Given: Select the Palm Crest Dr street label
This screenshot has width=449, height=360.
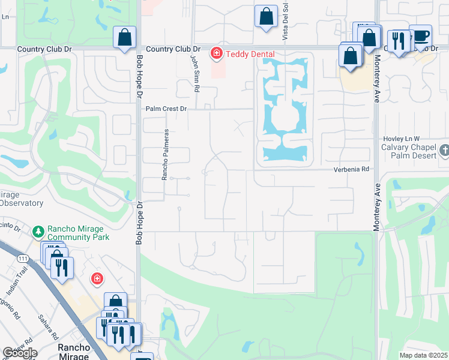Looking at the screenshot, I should tap(167, 109).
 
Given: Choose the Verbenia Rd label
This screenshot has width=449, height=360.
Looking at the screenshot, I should tap(351, 170).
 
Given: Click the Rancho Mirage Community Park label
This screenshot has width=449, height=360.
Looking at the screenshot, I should tap(76, 233).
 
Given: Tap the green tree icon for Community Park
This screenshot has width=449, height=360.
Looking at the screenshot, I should tap(38, 231).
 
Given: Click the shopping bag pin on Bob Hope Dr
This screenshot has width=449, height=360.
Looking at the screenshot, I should tap(124, 37).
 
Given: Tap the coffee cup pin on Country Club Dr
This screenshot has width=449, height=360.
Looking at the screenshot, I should tap(420, 35).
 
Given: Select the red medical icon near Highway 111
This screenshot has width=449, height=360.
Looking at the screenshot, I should tap(96, 278).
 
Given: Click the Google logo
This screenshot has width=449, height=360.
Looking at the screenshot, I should tap(20, 353).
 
